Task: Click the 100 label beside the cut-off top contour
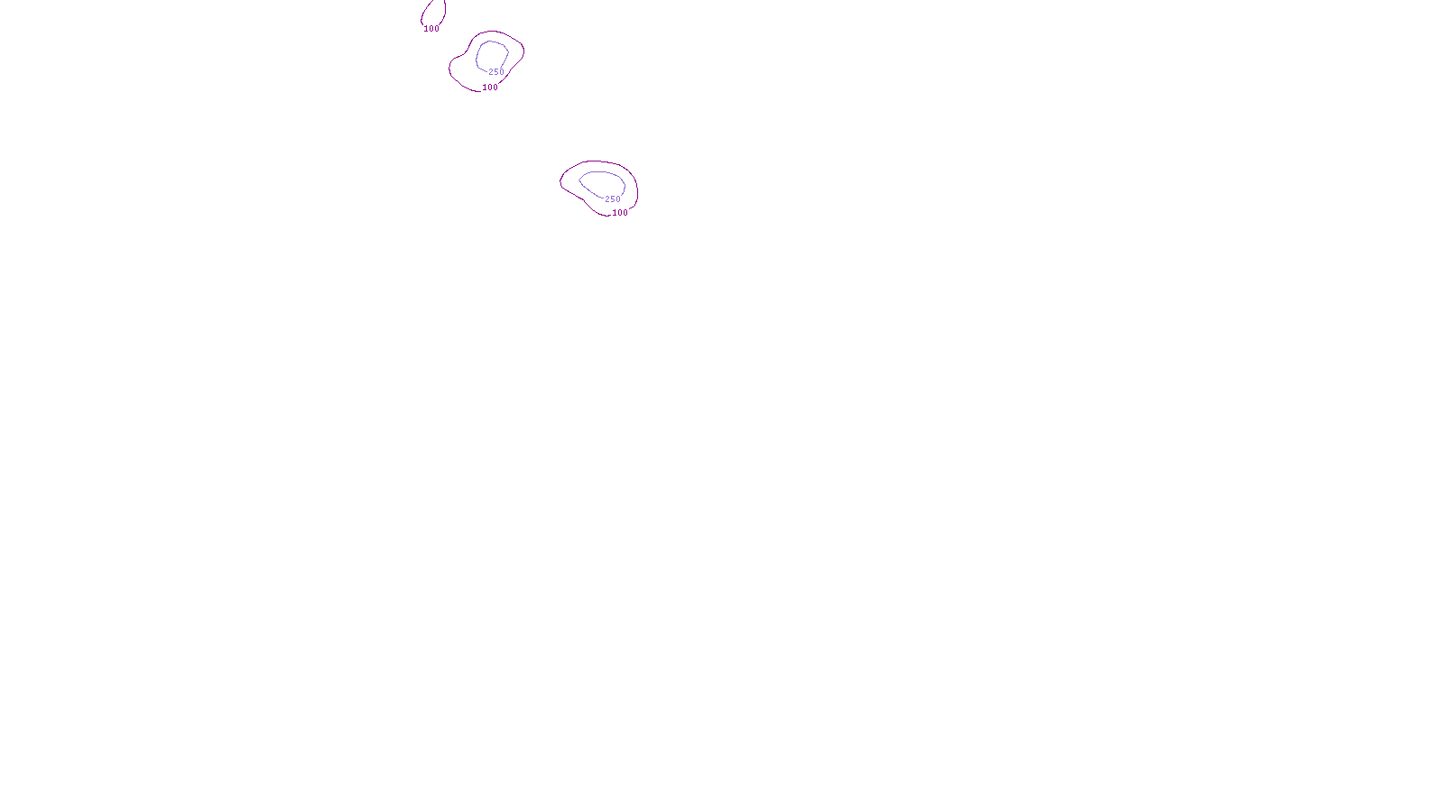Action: [431, 29]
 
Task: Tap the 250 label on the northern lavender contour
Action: [496, 72]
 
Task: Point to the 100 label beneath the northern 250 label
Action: [490, 88]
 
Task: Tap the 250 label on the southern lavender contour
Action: [613, 199]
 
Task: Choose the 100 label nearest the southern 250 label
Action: [620, 214]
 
